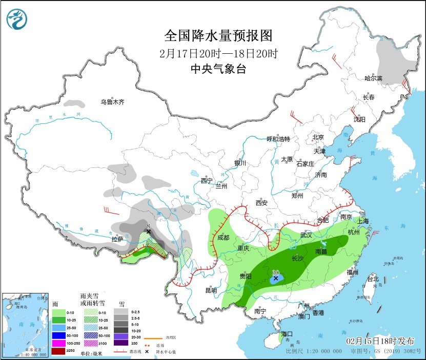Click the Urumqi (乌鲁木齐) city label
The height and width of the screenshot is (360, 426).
112,102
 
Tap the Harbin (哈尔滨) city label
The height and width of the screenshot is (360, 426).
373,78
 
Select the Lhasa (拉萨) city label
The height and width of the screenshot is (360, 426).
117,239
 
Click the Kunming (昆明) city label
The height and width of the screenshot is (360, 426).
211,290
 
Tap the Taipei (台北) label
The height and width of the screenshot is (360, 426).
372,279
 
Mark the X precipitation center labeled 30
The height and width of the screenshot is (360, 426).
276,279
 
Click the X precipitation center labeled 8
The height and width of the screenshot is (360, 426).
148,231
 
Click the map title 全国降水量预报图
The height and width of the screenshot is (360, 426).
217,35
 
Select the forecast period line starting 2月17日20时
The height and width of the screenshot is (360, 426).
217,53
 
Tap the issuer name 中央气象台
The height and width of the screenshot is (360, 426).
217,69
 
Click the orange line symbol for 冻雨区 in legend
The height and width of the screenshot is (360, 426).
150,338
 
